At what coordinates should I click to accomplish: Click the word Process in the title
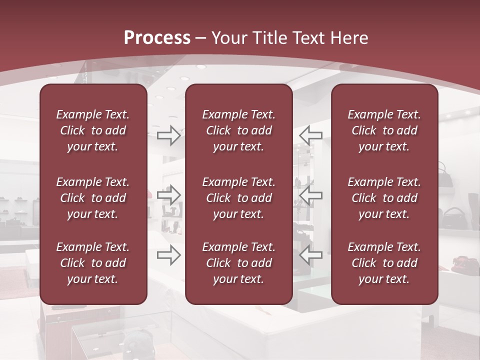[x=157, y=38]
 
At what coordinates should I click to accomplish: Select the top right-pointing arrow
[x=169, y=135]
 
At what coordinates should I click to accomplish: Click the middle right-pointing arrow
[x=169, y=195]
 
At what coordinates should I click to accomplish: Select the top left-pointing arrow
[x=311, y=135]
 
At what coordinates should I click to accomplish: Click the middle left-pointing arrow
[x=311, y=195]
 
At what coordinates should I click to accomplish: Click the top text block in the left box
[x=93, y=130]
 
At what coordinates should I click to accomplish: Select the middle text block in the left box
[x=93, y=198]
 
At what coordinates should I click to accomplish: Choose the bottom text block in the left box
[x=93, y=263]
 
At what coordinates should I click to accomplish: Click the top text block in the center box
[x=239, y=130]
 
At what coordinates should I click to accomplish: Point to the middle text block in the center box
[x=239, y=198]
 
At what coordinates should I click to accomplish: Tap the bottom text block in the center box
[x=239, y=263]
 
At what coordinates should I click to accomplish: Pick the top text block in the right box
[x=384, y=130]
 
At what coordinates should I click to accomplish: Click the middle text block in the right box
[x=384, y=198]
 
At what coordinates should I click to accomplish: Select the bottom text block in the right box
[x=384, y=263]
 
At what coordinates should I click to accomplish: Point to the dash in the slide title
[x=201, y=38]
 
